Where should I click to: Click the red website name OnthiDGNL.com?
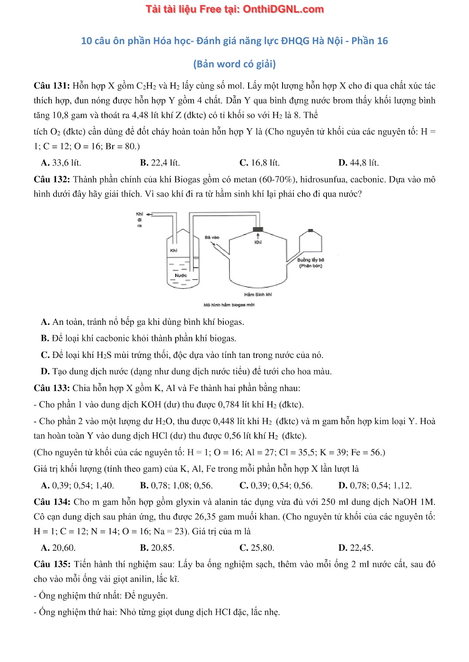click(283, 9)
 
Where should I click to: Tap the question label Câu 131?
click(51, 86)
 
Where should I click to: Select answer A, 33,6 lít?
click(61, 163)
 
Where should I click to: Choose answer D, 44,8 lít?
click(358, 163)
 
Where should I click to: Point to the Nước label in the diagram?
click(181, 275)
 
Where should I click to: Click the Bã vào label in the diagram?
click(212, 237)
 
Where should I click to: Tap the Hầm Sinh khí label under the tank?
click(258, 295)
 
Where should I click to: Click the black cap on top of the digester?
click(258, 229)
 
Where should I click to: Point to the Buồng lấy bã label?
click(310, 260)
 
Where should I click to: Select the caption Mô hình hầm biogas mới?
click(229, 305)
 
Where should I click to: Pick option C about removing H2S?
click(182, 355)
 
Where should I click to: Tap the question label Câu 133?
click(51, 388)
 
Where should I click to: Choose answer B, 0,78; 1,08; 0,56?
click(176, 485)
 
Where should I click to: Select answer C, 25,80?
click(257, 548)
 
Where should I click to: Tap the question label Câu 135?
click(51, 564)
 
